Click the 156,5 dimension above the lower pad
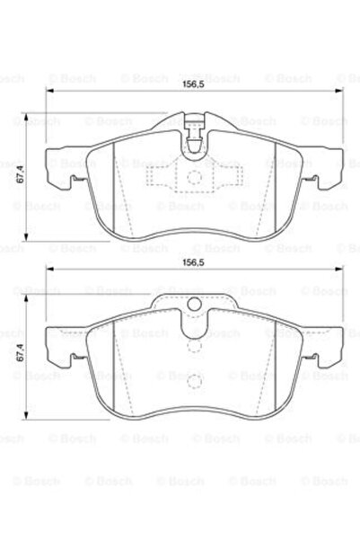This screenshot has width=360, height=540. tap(193, 262)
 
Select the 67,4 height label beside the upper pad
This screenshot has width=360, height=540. tap(21, 174)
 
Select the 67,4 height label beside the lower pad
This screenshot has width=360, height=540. tap(21, 352)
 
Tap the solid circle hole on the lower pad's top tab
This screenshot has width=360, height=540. tap(194, 305)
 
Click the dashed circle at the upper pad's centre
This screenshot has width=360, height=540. tap(194, 177)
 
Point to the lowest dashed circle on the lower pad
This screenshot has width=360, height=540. tap(195, 382)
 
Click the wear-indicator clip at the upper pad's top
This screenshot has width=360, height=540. tap(195, 134)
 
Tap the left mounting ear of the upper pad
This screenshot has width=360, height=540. tap(65, 169)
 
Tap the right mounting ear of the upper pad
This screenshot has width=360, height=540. tap(323, 169)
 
